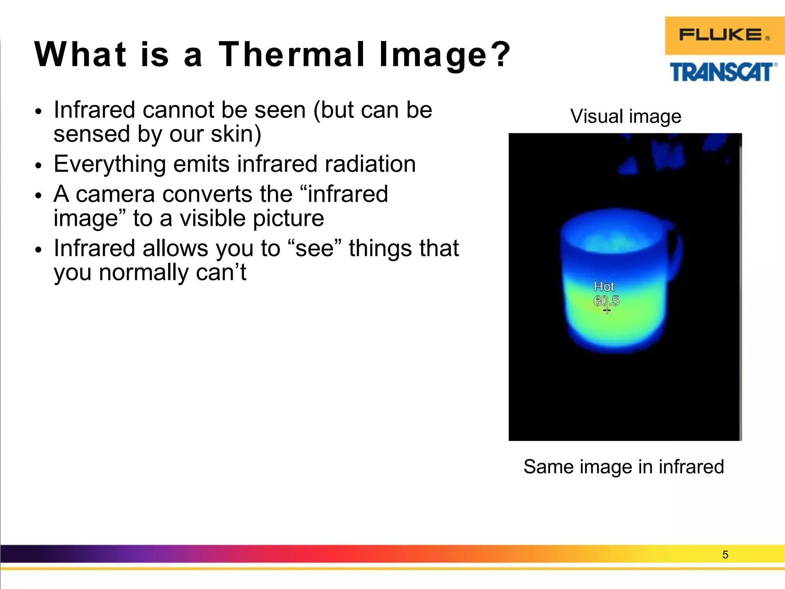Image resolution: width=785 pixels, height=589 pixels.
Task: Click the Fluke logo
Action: click(x=724, y=35)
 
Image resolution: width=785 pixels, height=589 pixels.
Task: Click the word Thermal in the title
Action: click(x=291, y=54)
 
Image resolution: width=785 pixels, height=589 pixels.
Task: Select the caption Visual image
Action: click(x=626, y=116)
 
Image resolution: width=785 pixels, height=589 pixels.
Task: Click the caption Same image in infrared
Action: click(x=624, y=467)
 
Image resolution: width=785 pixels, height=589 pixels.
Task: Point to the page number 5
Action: click(x=725, y=554)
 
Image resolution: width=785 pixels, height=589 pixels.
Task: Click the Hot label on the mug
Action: click(x=604, y=286)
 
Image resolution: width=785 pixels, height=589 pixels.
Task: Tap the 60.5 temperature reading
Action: click(x=606, y=301)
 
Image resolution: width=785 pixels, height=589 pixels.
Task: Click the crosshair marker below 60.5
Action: click(x=606, y=310)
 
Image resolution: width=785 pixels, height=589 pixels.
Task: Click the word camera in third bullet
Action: click(x=115, y=194)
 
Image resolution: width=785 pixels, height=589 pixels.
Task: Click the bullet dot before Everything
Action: click(x=38, y=166)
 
